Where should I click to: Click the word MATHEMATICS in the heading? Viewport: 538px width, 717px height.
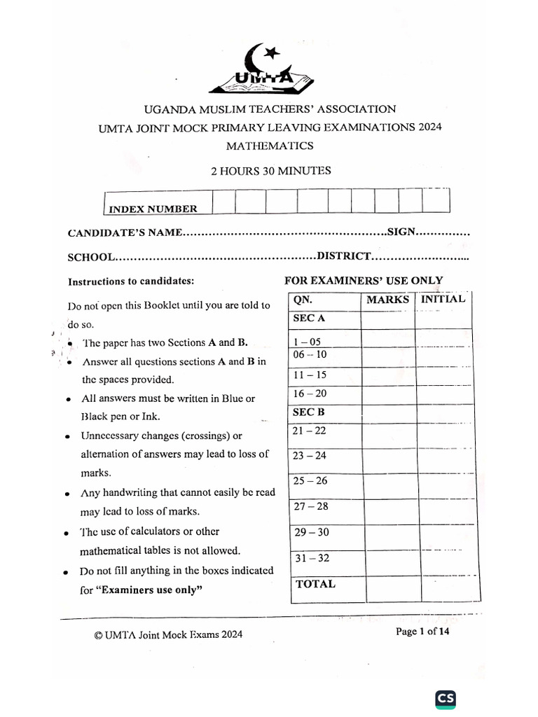pos(270,146)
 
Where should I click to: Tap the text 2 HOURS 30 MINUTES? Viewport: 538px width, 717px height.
pos(271,170)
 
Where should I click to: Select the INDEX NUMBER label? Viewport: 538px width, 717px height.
pos(153,209)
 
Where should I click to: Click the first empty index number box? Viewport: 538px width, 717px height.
pos(223,201)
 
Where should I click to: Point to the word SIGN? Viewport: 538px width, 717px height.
pos(402,232)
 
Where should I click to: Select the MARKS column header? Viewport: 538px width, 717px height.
pos(387,300)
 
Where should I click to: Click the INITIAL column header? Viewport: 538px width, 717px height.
pos(443,299)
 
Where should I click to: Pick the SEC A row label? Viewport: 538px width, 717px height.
pos(309,318)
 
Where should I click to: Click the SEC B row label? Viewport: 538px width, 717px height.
pos(309,412)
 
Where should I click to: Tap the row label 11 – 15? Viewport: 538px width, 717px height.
pos(310,375)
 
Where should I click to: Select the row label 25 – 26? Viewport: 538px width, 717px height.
pos(310,481)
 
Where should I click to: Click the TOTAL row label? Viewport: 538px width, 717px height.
pos(315,584)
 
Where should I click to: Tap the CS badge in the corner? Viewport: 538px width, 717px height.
pos(446,698)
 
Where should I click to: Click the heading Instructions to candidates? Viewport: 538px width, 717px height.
pos(130,281)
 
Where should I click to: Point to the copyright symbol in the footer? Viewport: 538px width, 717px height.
pos(98,635)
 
